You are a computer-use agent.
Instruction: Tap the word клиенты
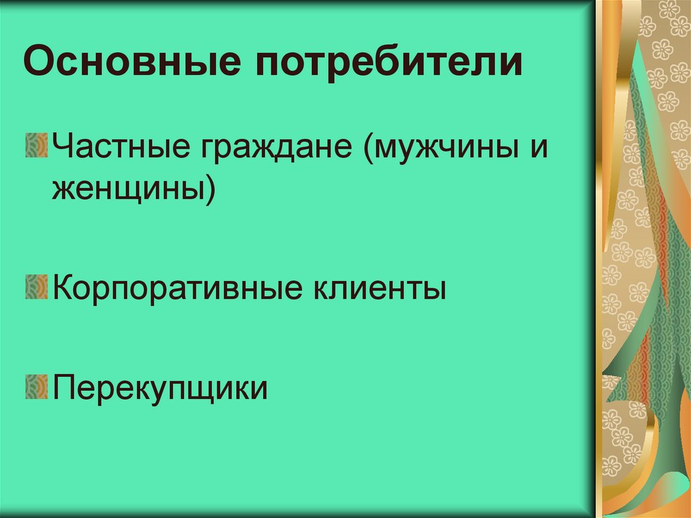coord(379,288)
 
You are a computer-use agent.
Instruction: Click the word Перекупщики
coord(160,388)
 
